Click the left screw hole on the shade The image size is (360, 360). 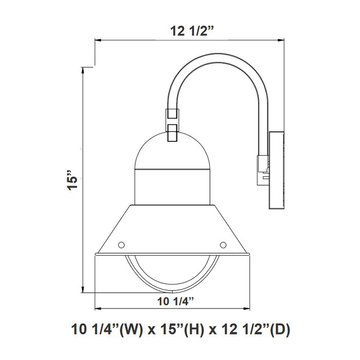pyautogui.click(x=121, y=244)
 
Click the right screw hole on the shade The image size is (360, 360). pyautogui.click(x=223, y=244)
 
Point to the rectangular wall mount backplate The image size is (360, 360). pyautogui.click(x=277, y=171)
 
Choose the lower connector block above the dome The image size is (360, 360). pyautogui.click(x=172, y=132)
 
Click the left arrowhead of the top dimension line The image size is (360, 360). pyautogui.click(x=97, y=41)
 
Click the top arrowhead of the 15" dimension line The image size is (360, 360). pyautogui.click(x=84, y=69)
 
